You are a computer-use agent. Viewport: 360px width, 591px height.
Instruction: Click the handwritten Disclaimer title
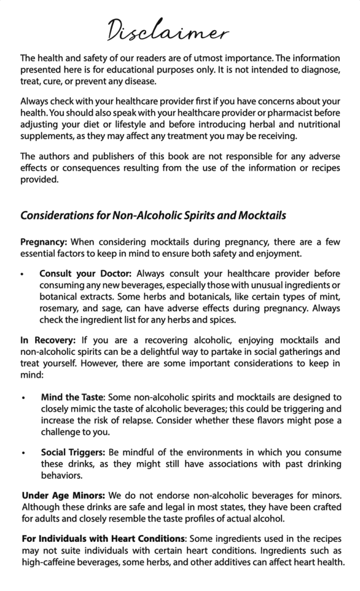167,30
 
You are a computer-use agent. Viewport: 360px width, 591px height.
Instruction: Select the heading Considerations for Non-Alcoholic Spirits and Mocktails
153,215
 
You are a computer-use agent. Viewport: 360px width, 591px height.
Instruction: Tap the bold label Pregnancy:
44,241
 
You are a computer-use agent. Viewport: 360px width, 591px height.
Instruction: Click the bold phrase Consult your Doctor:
86,273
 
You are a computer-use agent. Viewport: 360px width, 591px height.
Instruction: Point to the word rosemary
58,309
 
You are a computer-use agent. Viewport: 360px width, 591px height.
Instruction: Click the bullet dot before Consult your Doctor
22,274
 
